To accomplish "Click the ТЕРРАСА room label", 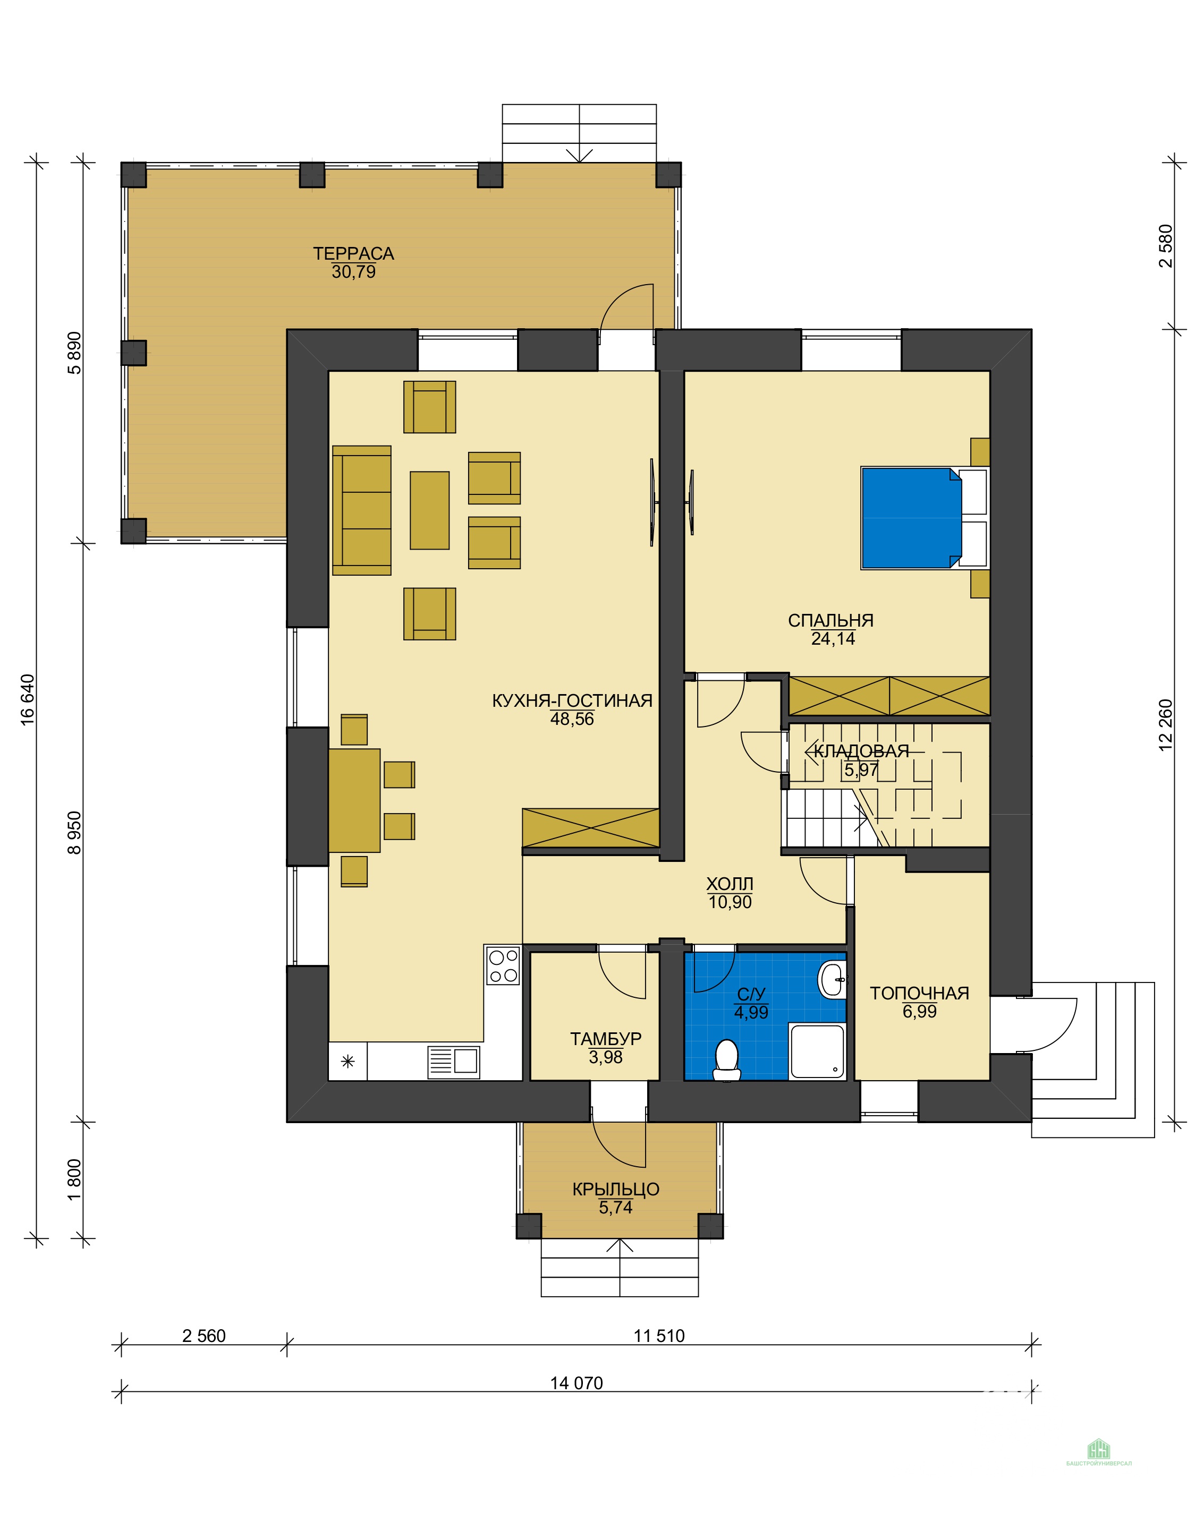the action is click(353, 254).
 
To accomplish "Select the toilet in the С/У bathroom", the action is click(726, 1060).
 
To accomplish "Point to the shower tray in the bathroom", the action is click(817, 1051).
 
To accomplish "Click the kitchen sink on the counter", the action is click(454, 1062).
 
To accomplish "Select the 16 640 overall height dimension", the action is click(27, 698).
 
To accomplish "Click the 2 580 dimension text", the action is click(1166, 245).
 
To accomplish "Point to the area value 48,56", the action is click(572, 719).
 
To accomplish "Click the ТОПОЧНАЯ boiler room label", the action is click(919, 994).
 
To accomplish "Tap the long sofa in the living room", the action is click(362, 510).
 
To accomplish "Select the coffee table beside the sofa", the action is click(430, 510).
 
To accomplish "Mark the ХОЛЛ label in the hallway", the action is click(730, 884).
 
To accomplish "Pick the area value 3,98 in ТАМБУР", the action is click(606, 1057).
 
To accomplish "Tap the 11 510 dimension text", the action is click(659, 1336).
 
